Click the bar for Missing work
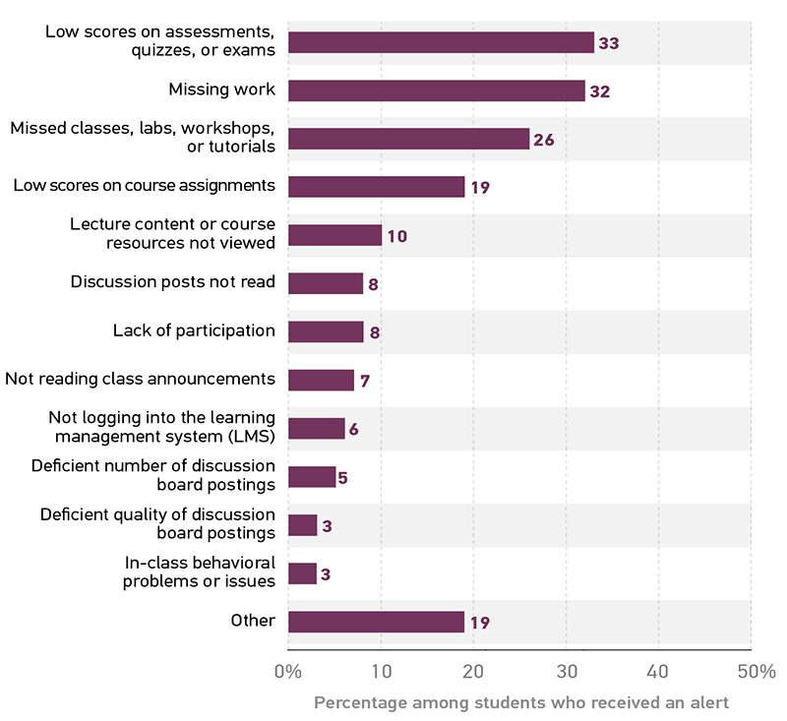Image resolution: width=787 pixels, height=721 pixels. [436, 90]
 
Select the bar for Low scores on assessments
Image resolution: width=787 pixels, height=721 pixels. [441, 42]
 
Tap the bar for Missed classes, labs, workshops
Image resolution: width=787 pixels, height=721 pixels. [408, 139]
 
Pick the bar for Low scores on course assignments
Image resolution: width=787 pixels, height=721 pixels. [376, 187]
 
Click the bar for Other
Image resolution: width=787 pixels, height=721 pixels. [376, 622]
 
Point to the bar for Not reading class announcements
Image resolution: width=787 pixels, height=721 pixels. [321, 380]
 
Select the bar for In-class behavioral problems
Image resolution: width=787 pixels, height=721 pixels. [302, 573]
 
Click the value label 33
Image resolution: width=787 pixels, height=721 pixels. [609, 43]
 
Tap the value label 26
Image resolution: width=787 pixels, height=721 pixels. [544, 140]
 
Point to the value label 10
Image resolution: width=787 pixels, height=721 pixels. [396, 236]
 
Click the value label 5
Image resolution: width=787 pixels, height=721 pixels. [343, 478]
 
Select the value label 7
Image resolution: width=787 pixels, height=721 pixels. [364, 381]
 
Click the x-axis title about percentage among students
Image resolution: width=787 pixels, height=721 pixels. [521, 703]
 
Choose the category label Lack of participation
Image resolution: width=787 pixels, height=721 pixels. [194, 330]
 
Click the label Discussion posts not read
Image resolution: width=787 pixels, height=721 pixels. [173, 282]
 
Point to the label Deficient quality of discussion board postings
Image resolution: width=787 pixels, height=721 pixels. [157, 523]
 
